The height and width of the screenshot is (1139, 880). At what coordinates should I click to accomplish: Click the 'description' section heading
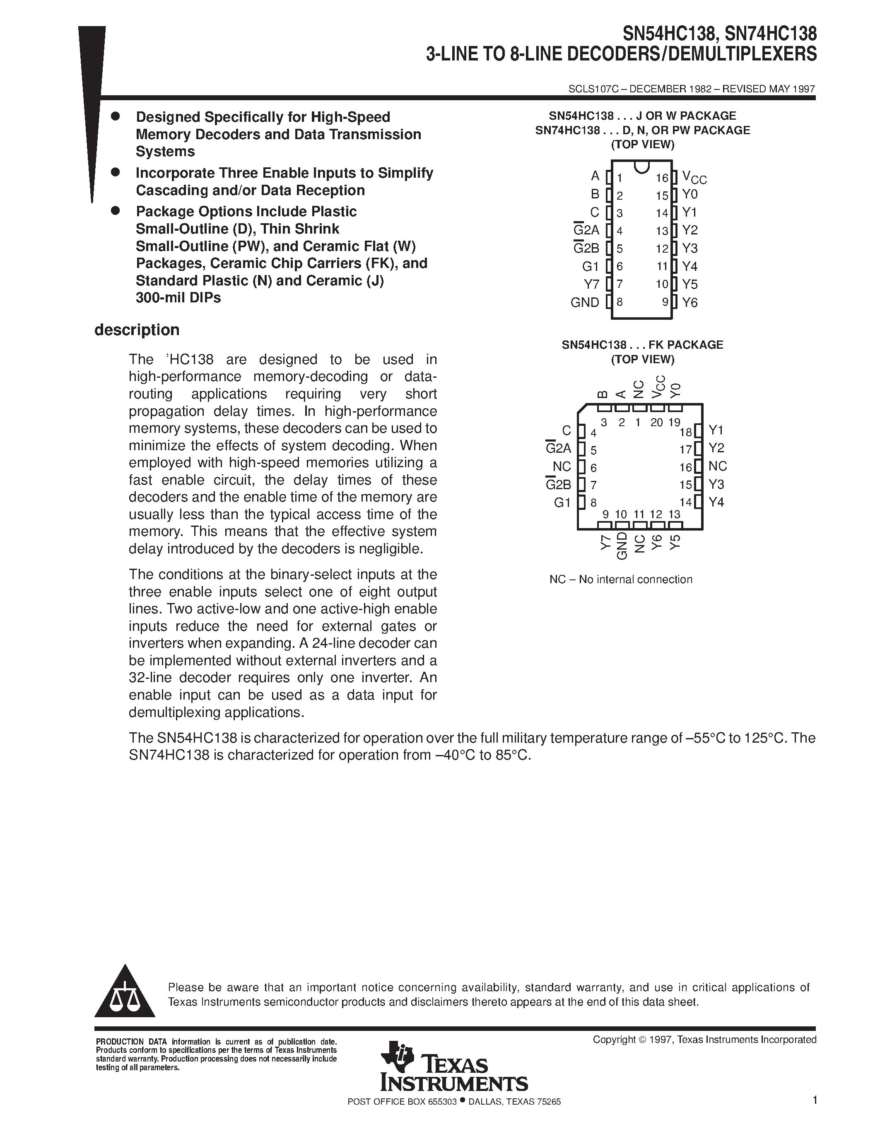click(137, 330)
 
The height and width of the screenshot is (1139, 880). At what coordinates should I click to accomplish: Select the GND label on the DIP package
click(584, 302)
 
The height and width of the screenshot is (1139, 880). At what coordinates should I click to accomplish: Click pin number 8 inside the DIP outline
click(620, 302)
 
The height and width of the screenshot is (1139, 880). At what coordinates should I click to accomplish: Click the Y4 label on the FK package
click(716, 502)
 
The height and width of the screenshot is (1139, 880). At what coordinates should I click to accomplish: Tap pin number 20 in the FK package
click(656, 422)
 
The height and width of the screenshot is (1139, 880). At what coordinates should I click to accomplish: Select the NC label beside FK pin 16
click(717, 466)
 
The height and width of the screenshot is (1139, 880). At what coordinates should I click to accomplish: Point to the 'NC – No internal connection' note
click(620, 579)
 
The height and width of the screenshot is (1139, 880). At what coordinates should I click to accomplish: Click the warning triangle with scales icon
click(125, 995)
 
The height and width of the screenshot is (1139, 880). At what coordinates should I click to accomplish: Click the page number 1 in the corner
click(814, 1101)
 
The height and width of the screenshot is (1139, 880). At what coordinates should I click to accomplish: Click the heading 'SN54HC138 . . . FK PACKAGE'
click(642, 345)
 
